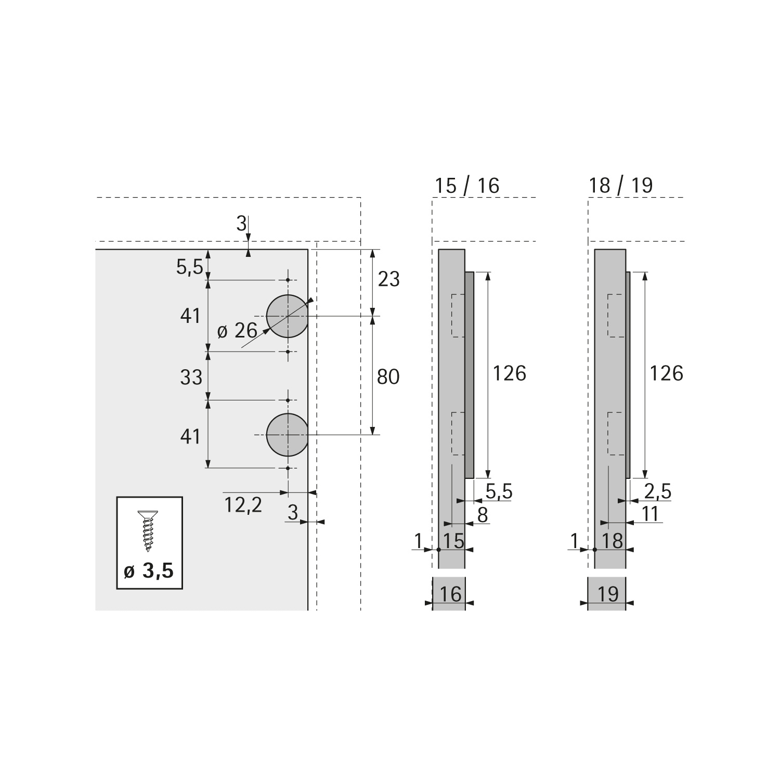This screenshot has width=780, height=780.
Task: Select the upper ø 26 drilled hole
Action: click(x=287, y=316)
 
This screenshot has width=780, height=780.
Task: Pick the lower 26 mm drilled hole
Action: click(x=287, y=435)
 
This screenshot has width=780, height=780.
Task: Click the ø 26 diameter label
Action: click(x=237, y=330)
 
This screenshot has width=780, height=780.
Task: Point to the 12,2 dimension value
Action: click(x=243, y=504)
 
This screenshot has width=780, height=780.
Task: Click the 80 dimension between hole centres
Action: click(x=388, y=376)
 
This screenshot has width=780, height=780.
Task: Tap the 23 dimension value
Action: click(x=388, y=280)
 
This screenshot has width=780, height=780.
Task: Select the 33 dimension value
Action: click(x=191, y=377)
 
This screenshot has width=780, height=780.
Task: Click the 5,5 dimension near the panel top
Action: click(x=190, y=267)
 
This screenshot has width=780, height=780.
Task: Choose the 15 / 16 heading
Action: click(x=467, y=186)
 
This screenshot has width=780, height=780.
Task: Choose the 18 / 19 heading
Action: click(x=621, y=186)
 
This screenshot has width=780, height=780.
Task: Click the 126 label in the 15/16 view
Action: click(x=510, y=373)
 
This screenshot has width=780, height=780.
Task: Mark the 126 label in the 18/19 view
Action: click(x=666, y=373)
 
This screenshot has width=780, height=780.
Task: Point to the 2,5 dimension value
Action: click(x=658, y=491)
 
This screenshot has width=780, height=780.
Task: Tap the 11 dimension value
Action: click(x=651, y=514)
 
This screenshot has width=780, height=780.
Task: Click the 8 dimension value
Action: click(x=483, y=515)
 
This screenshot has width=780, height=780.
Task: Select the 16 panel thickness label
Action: click(x=450, y=594)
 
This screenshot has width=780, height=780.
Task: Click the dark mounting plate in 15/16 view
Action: click(x=470, y=374)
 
